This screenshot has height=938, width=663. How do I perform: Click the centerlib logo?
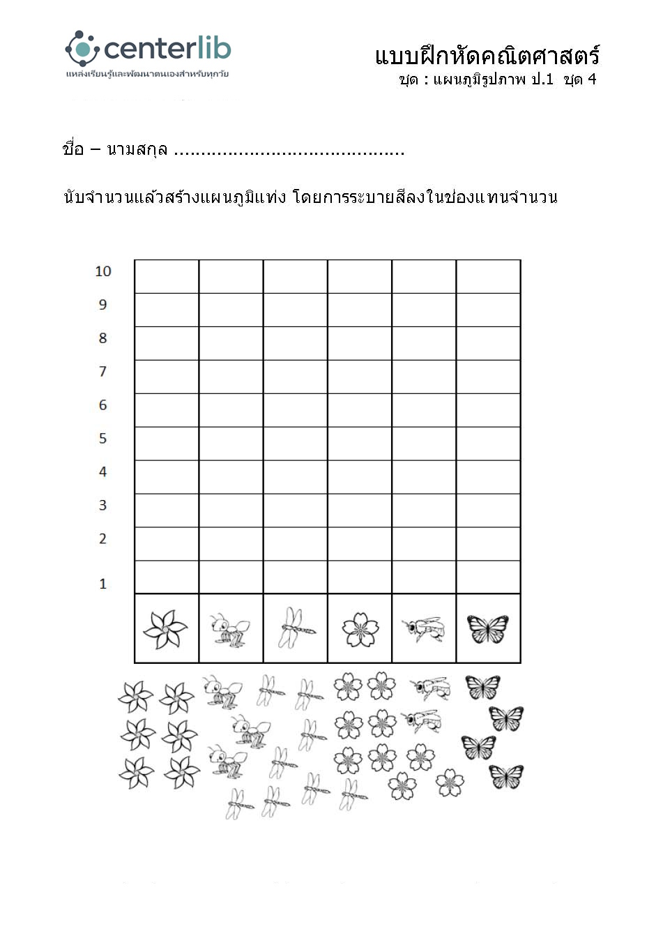[148, 50]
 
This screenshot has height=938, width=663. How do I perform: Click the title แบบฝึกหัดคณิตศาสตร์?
[487, 56]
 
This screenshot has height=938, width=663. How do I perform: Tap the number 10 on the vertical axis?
[103, 271]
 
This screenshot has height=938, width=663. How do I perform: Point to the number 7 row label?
[103, 372]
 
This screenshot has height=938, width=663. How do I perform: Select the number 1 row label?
[103, 584]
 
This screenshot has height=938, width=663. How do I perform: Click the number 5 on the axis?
[103, 439]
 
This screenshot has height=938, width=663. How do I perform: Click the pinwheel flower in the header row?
[166, 629]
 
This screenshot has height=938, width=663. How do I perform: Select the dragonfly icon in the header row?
[295, 628]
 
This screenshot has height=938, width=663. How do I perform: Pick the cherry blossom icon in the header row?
[360, 629]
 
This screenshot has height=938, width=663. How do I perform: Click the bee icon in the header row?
[424, 629]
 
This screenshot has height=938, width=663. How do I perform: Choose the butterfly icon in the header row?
[488, 629]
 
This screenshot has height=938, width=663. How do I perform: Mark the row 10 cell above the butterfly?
[488, 277]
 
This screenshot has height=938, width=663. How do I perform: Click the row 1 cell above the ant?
[231, 577]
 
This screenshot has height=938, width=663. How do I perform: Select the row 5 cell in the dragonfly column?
[295, 444]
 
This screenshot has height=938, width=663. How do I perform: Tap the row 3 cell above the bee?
[424, 510]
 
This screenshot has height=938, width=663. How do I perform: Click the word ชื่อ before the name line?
[73, 149]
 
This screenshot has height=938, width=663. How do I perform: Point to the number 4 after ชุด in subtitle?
[592, 79]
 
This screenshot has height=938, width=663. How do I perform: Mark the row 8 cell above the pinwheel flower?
[167, 343]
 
